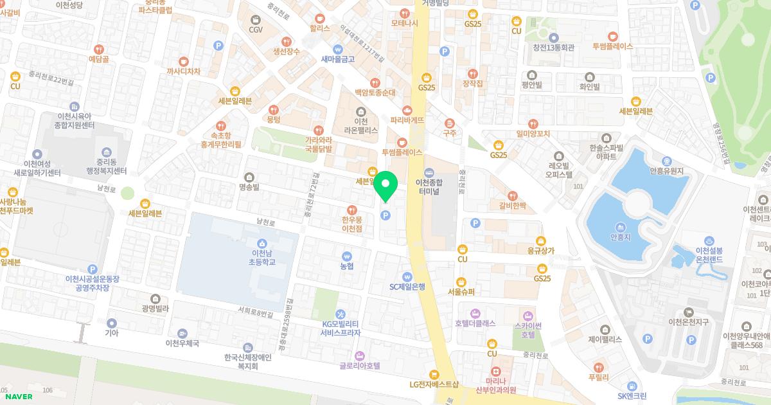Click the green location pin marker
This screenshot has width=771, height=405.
385,185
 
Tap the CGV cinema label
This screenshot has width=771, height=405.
256,30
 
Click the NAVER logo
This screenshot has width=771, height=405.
18,397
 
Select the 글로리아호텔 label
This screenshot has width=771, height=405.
360,365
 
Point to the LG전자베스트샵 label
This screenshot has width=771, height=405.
434,384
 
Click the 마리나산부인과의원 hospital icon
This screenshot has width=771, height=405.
496,372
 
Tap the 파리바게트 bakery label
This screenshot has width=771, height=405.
407,120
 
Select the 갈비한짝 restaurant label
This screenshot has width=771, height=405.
512,206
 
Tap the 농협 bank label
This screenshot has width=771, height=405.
347,265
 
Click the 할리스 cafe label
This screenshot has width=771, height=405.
319,28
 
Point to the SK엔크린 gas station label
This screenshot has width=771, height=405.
632,395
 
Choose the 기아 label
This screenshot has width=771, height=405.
112,333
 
